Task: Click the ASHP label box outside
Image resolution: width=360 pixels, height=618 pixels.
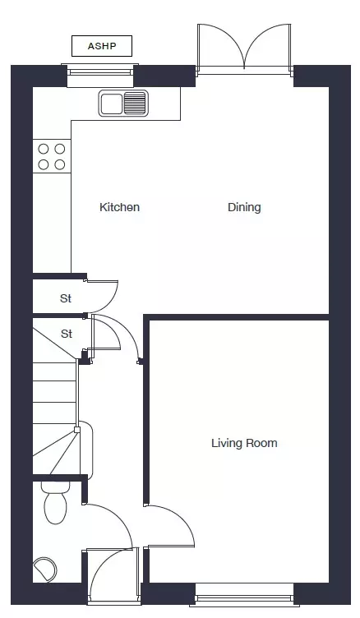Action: tap(102, 46)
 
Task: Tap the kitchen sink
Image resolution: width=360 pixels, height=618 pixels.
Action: tap(123, 103)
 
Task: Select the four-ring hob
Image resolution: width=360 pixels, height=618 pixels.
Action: tap(52, 156)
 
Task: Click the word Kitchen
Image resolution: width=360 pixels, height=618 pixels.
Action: tap(119, 207)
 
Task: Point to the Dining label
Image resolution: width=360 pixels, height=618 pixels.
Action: tap(244, 207)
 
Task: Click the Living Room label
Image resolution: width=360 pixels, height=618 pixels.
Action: tap(244, 443)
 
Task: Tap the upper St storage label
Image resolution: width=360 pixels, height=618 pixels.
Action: tap(66, 298)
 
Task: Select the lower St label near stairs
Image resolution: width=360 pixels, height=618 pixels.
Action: tap(67, 334)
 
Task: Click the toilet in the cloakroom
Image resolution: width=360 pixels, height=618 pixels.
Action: tap(55, 503)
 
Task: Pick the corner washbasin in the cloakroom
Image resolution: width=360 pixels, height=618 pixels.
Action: tap(44, 569)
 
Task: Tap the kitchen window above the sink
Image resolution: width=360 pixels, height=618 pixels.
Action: tap(100, 72)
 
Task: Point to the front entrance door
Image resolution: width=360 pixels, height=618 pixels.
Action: tap(113, 575)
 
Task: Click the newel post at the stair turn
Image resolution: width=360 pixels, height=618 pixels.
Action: tap(77, 429)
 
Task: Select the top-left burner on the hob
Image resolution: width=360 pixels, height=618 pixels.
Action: tap(44, 149)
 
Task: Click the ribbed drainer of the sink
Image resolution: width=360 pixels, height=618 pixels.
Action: tap(136, 103)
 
